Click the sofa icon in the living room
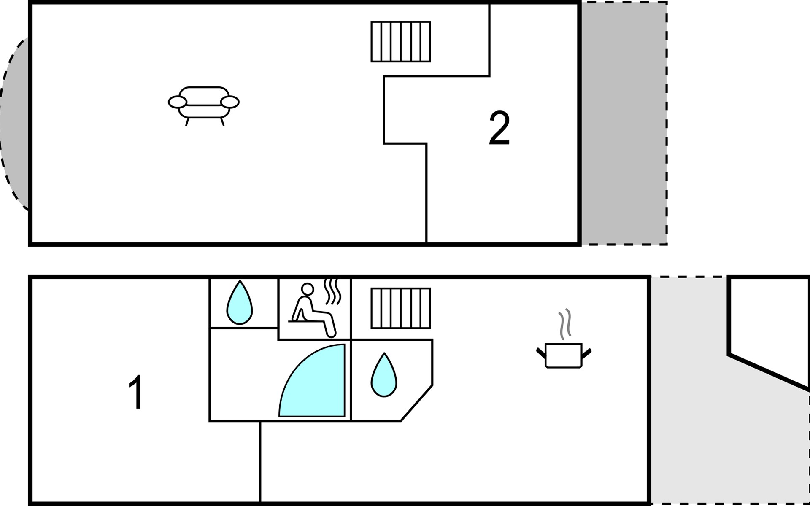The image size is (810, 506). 203,105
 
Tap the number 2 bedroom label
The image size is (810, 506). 499,129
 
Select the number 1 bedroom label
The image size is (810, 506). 136,392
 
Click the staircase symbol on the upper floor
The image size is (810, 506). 401,42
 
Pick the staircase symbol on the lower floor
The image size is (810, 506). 401,308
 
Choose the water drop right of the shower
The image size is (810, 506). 384,375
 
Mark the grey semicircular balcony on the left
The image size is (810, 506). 15,123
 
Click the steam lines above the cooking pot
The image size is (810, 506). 565,324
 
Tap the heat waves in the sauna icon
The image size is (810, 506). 332,291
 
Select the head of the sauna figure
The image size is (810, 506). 308,289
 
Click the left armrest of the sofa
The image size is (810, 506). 177,102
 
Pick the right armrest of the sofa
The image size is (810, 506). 230,102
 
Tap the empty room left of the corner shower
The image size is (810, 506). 243,375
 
